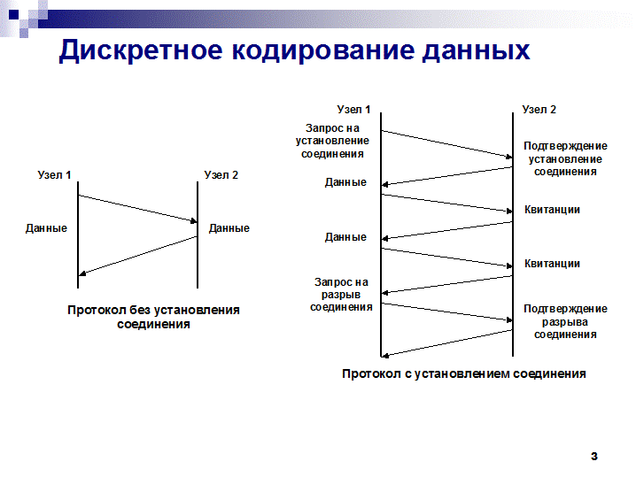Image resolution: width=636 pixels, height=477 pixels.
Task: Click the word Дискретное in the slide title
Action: [141, 50]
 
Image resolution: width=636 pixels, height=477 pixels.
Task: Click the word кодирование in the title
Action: [322, 50]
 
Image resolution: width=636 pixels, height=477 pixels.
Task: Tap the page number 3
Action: [594, 457]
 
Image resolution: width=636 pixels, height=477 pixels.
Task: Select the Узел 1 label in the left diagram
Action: [54, 175]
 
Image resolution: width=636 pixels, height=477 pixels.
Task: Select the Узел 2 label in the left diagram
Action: [221, 175]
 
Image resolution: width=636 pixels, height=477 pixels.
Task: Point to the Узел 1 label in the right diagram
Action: [353, 110]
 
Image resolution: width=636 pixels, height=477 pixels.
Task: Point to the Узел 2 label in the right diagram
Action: [539, 110]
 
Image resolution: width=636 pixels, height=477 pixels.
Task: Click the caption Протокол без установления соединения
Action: [153, 317]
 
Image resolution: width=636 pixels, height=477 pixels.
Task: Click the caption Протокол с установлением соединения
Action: [464, 373]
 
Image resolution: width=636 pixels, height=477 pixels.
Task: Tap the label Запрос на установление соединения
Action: [332, 141]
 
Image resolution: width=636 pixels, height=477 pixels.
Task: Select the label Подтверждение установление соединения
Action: [565, 158]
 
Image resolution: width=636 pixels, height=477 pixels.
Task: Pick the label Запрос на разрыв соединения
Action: [341, 294]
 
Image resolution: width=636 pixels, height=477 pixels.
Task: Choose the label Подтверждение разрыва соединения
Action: [565, 321]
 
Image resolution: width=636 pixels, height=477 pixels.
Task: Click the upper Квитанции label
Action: [552, 210]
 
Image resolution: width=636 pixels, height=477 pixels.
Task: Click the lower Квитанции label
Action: [552, 264]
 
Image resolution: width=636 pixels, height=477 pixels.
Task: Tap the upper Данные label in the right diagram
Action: [345, 182]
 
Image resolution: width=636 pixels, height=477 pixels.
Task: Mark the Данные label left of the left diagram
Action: [46, 228]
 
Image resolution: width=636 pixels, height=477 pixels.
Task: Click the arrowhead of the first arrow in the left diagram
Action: [194, 221]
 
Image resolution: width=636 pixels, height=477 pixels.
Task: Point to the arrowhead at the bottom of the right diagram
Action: [385, 356]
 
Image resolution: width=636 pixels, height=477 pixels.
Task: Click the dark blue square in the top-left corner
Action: [14, 14]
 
